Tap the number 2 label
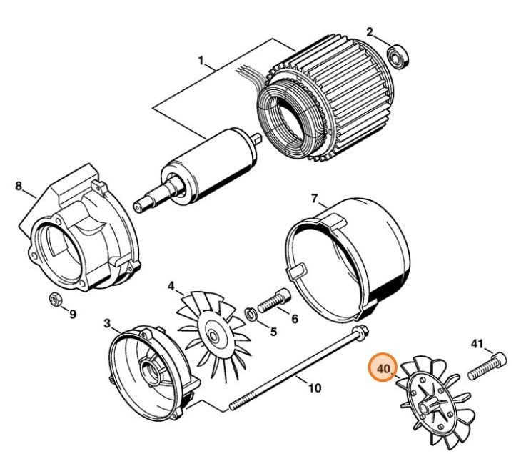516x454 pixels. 370,31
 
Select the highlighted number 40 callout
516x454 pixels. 384,369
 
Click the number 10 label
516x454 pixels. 314,388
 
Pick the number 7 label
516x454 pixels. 313,198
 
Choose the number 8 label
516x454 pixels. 19,187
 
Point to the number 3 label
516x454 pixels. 107,324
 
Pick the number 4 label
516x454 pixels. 171,286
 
